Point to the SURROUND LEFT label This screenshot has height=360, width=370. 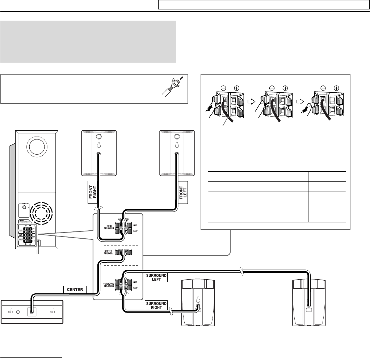click(x=156, y=277)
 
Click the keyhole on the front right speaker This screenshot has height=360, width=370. click(x=98, y=145)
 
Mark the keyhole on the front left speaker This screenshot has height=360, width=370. click(x=177, y=145)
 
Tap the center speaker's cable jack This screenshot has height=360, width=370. click(x=32, y=311)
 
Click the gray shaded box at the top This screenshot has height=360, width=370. click(x=88, y=41)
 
